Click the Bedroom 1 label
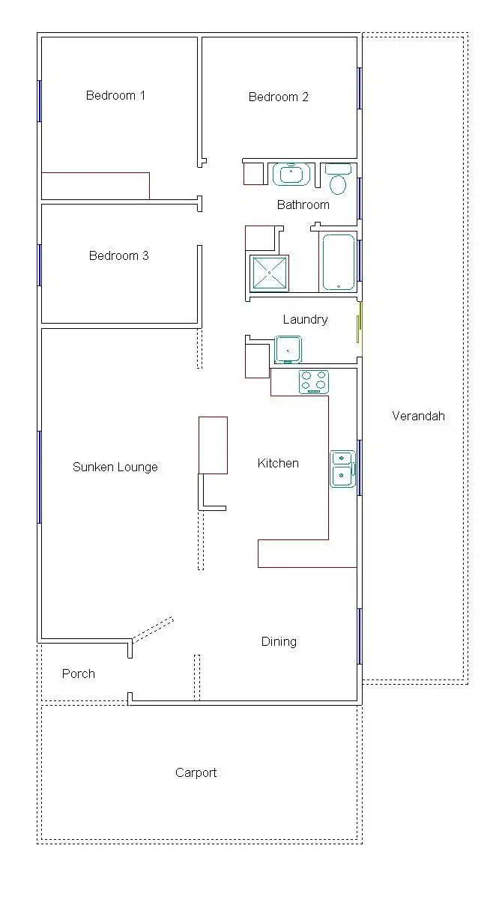(115, 95)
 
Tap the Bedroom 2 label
(278, 97)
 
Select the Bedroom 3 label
(118, 255)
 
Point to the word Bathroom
(303, 205)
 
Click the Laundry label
(305, 319)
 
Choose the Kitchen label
(278, 463)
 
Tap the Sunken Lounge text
(115, 467)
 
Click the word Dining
(279, 641)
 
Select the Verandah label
(418, 416)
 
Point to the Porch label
(78, 674)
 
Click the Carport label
(196, 772)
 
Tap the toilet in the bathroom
(338, 180)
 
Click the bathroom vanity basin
(290, 175)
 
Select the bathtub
(338, 262)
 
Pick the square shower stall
(269, 273)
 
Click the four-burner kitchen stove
(314, 381)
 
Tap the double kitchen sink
(342, 468)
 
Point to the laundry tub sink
(288, 349)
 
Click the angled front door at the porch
(153, 629)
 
